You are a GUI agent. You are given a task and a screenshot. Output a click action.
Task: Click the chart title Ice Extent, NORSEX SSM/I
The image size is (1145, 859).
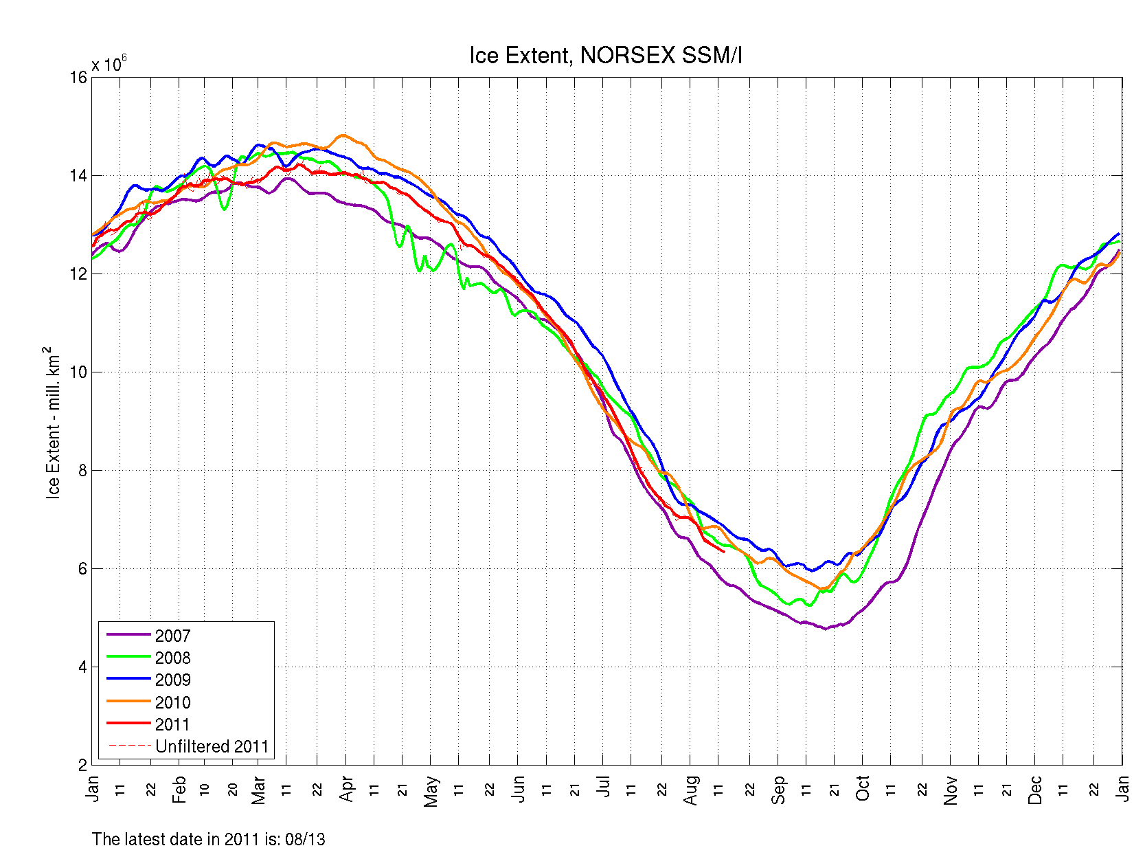click(x=605, y=56)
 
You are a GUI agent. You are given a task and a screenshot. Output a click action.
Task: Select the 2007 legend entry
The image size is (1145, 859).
click(x=172, y=636)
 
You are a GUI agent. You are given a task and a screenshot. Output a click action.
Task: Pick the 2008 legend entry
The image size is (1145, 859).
click(x=172, y=658)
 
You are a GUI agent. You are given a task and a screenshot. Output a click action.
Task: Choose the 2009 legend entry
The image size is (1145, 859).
click(x=172, y=680)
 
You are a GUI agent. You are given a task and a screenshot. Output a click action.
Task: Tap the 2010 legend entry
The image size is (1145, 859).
click(x=172, y=702)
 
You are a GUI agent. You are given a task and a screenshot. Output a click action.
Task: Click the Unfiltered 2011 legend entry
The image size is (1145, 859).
click(x=212, y=746)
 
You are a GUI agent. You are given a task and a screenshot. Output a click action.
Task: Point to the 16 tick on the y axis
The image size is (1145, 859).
click(x=78, y=77)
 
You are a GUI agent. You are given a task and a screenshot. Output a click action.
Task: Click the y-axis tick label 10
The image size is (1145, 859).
click(x=78, y=372)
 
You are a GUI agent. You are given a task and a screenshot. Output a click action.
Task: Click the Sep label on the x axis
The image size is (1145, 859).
click(x=778, y=790)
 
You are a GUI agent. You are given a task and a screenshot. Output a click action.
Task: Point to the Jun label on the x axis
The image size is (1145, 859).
click(x=519, y=789)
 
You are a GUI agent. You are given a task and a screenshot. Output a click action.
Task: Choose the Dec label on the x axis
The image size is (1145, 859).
click(x=1035, y=790)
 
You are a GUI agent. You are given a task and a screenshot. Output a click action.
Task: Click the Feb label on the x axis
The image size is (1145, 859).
click(x=179, y=790)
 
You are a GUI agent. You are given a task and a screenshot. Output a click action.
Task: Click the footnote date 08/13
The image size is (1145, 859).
click(x=306, y=839)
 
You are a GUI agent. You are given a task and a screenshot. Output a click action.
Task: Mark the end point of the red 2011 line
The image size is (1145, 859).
click(x=724, y=551)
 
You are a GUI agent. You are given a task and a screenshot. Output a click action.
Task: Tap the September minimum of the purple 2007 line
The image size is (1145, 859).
click(x=826, y=628)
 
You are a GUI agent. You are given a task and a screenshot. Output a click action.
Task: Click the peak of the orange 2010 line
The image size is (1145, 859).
click(x=343, y=135)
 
